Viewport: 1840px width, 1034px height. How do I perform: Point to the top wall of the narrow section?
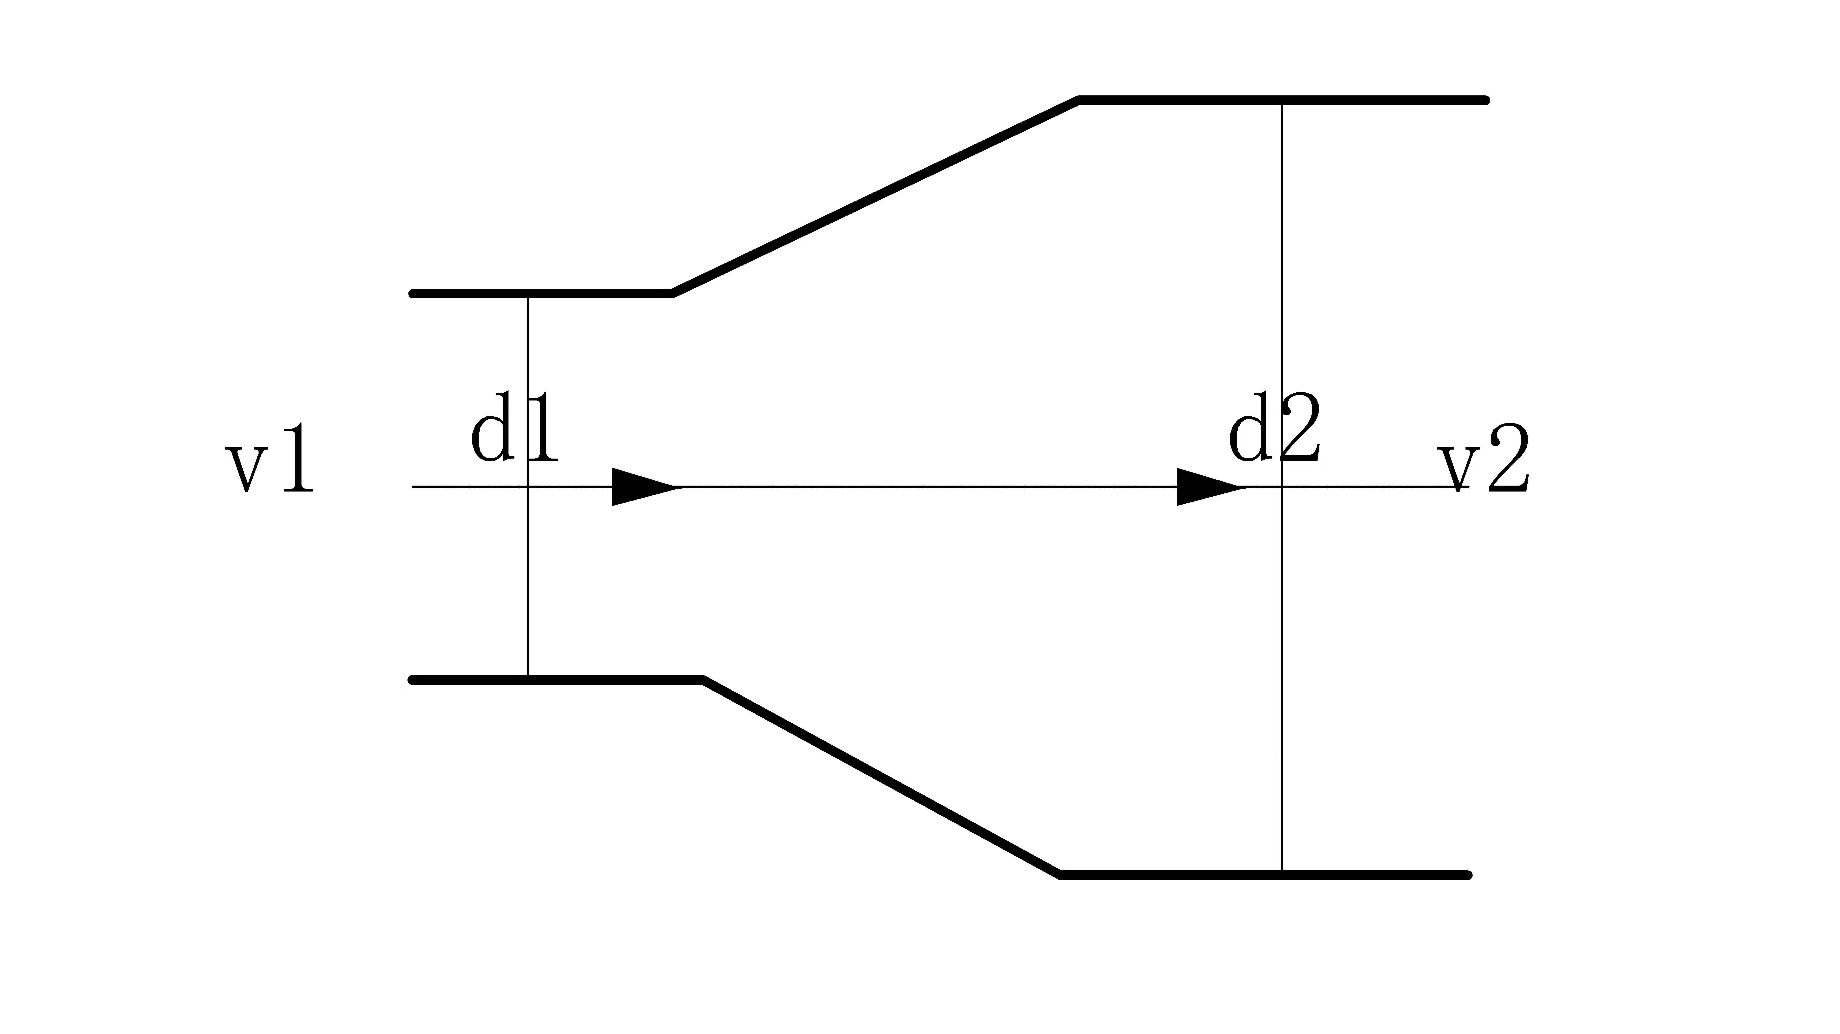[541, 294]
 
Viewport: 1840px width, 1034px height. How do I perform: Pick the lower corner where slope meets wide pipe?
[1061, 875]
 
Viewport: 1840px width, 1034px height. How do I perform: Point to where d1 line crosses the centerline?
[528, 487]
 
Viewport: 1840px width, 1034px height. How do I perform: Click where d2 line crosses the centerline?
[1282, 487]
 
